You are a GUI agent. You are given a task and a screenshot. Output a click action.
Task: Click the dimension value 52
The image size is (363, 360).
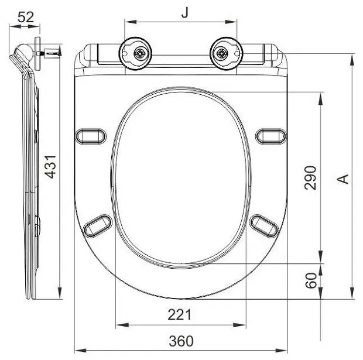tap(26, 17)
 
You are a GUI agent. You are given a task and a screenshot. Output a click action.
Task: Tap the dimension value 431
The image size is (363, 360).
tap(50, 167)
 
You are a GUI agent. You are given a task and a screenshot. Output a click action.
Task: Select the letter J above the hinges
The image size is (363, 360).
tap(184, 13)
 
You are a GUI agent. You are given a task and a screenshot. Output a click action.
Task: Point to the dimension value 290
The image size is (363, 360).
tap(310, 178)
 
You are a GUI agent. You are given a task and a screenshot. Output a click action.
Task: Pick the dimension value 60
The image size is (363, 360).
tap(311, 280)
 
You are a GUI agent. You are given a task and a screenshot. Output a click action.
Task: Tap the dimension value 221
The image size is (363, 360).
tap(180, 315)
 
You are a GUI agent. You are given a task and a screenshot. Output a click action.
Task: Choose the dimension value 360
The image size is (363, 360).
tap(181, 341)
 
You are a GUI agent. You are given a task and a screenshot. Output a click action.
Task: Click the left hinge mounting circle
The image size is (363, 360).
tap(135, 53)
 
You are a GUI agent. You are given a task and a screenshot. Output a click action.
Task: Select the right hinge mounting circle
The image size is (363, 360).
tap(226, 53)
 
